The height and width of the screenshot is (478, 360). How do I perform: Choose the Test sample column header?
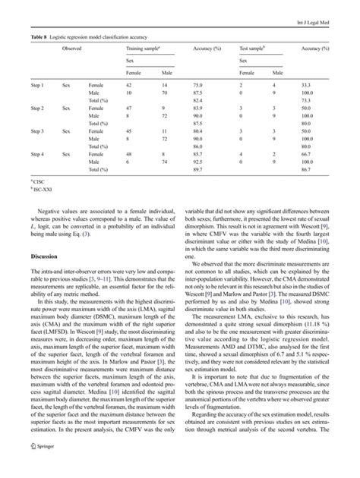click(x=254, y=47)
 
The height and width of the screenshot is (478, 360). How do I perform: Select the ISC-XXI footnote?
click(x=42, y=190)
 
